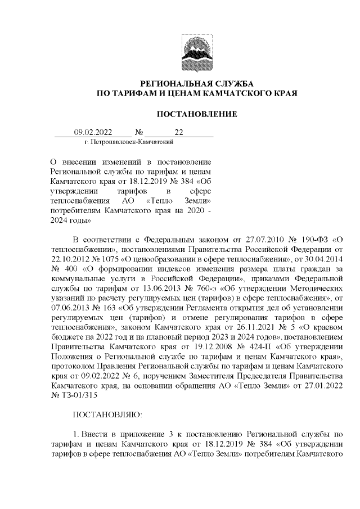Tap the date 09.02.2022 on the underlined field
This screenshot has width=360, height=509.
(94, 133)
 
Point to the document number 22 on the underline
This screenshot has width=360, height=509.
(179, 133)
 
